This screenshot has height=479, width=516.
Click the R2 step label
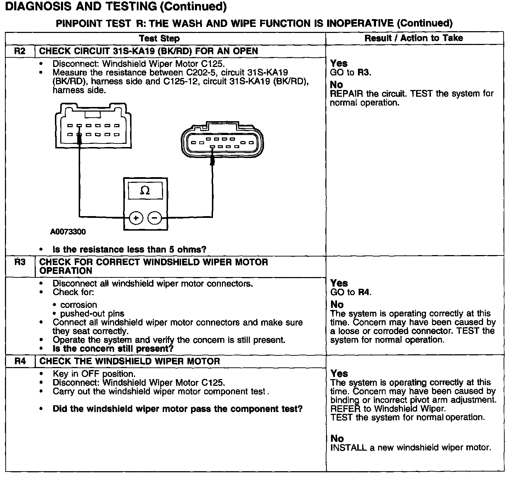coord(20,51)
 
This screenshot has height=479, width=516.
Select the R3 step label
coord(20,262)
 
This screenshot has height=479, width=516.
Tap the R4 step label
coord(20,361)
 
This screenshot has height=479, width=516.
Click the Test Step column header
coord(159,38)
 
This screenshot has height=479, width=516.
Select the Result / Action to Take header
coord(414,38)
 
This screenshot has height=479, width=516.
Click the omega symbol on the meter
coord(145,191)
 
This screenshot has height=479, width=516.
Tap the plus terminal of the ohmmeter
coord(136,218)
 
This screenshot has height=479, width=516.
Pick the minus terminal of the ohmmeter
coord(155,218)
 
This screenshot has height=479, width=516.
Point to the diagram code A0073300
coord(68,232)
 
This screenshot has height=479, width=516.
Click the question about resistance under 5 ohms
coord(129,249)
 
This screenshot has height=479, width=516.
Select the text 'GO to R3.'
coord(350,73)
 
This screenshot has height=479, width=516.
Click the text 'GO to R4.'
coord(350,292)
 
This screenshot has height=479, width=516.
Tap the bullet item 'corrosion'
coord(78,305)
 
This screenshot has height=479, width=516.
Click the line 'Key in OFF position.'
coord(94,374)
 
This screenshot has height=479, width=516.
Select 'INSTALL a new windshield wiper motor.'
coord(410,447)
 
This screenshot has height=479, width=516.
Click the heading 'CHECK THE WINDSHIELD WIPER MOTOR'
coord(130,361)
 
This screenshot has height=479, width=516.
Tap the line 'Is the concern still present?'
coord(113,349)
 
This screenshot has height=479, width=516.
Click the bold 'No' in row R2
coord(336,85)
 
